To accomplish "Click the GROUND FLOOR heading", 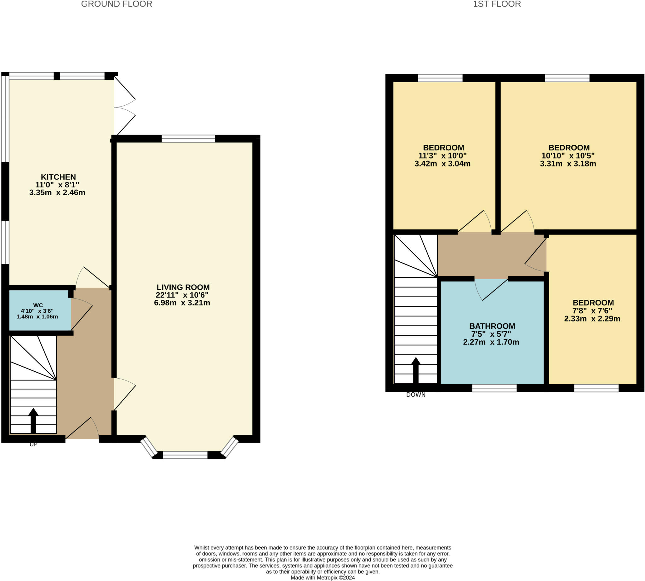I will (117, 4).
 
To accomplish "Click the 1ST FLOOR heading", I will (497, 4).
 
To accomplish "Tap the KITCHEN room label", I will (58, 177).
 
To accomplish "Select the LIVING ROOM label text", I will (183, 287).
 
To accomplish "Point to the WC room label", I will (38, 305).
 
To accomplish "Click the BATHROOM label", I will (492, 326).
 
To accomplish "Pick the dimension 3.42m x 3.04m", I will (442, 164).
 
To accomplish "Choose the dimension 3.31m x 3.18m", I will (568, 164).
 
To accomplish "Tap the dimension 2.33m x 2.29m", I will (592, 319).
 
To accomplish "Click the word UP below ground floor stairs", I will (33, 444).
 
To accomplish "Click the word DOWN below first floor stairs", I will (416, 395).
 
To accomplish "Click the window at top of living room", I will (188, 138).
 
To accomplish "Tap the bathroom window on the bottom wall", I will (494, 388).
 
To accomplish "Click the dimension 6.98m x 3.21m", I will (182, 303).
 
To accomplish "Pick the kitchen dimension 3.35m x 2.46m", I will (57, 193).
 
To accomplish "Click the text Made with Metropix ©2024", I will (322, 578).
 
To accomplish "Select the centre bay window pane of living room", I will (185, 455).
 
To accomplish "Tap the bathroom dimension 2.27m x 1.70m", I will (491, 342).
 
